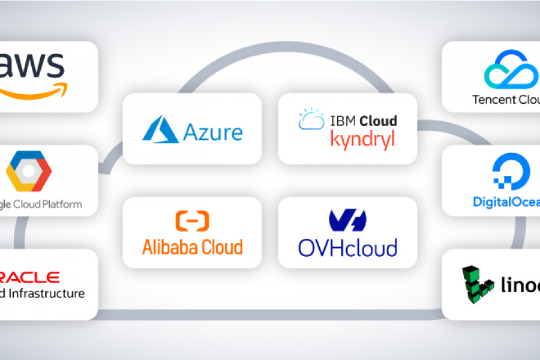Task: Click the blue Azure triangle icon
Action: (x=160, y=130)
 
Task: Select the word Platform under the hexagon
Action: (x=61, y=205)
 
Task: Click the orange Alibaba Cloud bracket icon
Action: (x=192, y=221)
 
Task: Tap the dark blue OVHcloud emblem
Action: (x=347, y=221)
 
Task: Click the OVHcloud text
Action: (x=347, y=247)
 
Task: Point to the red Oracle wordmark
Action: (x=30, y=277)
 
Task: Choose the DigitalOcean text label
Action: (x=506, y=202)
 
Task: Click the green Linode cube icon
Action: (x=477, y=283)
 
